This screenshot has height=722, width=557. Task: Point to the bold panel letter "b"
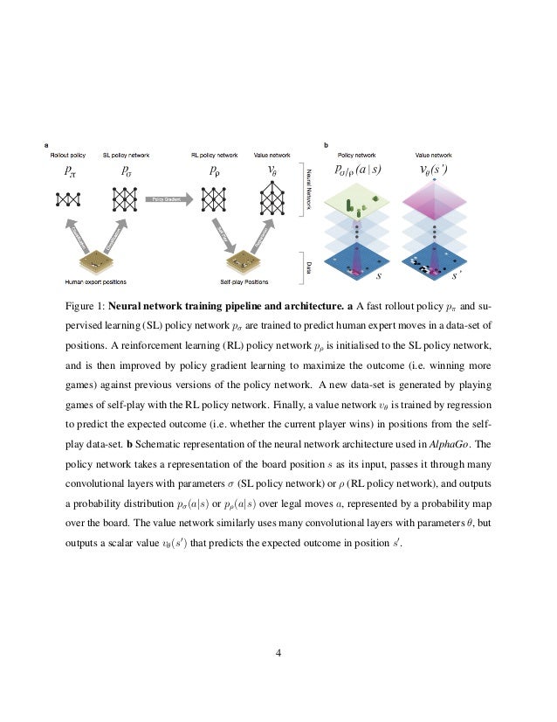[x=326, y=144]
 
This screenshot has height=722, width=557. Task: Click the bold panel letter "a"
[x=46, y=144]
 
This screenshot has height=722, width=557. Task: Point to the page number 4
[x=278, y=652]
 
